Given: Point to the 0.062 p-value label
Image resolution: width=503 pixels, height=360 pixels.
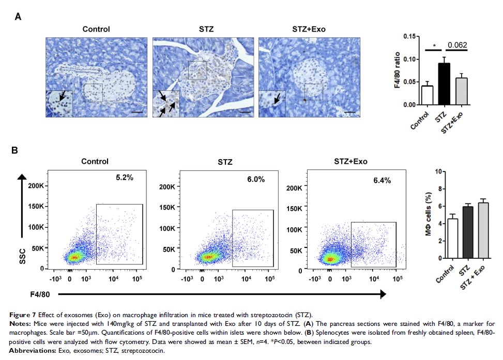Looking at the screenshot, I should point(457,44).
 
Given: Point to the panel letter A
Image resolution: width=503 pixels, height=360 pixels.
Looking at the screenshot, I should point(18,17).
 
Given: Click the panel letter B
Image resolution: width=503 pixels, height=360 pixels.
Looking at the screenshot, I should point(16,151).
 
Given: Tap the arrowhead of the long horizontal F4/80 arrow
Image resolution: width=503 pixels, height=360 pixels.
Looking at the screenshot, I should point(383,294).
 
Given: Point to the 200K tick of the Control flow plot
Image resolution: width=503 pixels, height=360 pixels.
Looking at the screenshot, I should point(36,185).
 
